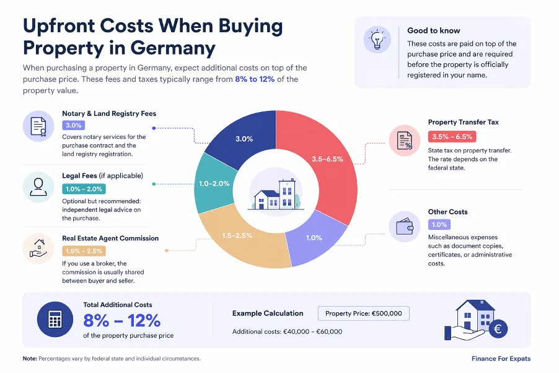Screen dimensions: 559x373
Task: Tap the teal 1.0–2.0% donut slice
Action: click(x=213, y=183)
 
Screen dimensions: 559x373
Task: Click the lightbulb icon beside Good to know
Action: click(x=377, y=40)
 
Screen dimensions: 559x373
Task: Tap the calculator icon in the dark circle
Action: click(x=55, y=319)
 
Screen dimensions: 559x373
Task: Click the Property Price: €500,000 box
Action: click(x=364, y=314)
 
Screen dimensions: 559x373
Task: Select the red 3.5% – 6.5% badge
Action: click(x=452, y=136)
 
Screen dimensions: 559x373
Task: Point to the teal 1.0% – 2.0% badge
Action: click(x=84, y=189)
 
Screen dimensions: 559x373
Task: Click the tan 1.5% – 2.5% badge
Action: click(x=84, y=251)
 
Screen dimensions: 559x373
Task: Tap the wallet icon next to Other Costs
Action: click(x=405, y=226)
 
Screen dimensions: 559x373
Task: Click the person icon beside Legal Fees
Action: click(x=38, y=187)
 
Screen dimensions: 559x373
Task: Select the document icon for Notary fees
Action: click(x=38, y=126)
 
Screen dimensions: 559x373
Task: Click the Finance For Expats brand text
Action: click(x=501, y=358)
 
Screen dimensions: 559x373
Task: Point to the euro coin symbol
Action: click(x=498, y=329)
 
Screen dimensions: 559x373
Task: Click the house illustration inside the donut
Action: click(x=276, y=194)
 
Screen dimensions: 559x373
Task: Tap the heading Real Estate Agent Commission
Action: click(x=110, y=238)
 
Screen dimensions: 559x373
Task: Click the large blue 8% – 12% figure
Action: click(x=122, y=320)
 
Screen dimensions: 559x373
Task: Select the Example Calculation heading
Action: click(x=268, y=313)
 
